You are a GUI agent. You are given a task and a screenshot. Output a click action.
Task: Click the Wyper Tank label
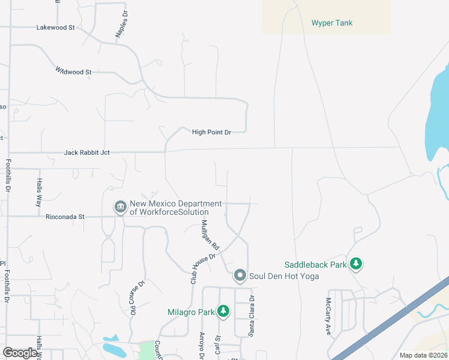(331, 23)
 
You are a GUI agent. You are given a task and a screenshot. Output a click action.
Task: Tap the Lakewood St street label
(55, 28)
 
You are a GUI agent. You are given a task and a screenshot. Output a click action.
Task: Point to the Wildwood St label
(73, 71)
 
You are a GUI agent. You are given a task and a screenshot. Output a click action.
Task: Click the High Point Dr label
(211, 132)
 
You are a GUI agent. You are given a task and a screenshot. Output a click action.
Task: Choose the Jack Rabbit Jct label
(87, 153)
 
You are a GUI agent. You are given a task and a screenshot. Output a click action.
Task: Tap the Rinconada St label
(65, 217)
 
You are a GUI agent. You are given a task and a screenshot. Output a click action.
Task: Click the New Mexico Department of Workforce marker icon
(120, 207)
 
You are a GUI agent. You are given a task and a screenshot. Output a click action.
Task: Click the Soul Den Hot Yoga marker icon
(240, 275)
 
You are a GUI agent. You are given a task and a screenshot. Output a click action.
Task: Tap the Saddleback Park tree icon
(356, 264)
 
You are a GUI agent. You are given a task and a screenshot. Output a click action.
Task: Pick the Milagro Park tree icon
(223, 311)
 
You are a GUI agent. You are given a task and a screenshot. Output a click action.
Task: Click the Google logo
(20, 352)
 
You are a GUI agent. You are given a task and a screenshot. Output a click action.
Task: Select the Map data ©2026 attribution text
(423, 355)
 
